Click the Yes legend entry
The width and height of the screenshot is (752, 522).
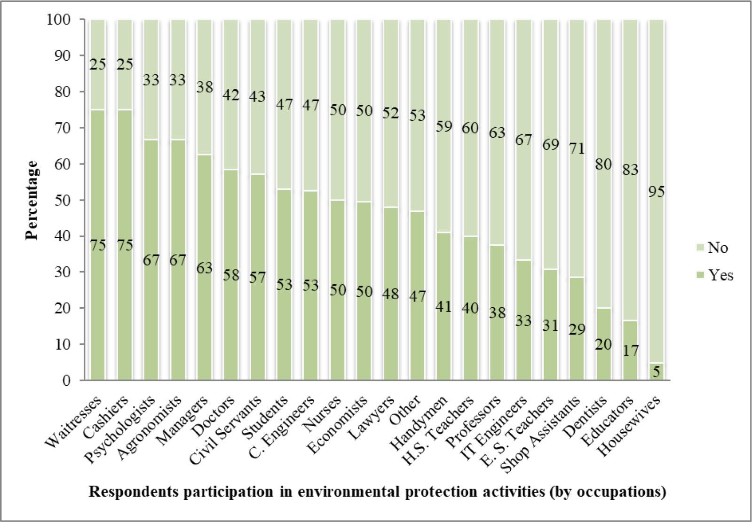[720, 275]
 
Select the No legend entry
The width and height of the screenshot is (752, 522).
[717, 247]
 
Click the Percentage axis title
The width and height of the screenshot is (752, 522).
[32, 200]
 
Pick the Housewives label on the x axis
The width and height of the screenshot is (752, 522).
[635, 425]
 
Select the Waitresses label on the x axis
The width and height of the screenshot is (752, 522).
[75, 423]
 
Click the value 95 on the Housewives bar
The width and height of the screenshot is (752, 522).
[657, 192]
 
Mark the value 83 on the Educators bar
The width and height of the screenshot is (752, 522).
[630, 169]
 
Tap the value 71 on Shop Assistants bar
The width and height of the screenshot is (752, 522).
[577, 148]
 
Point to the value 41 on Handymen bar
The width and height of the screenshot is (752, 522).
[443, 307]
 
